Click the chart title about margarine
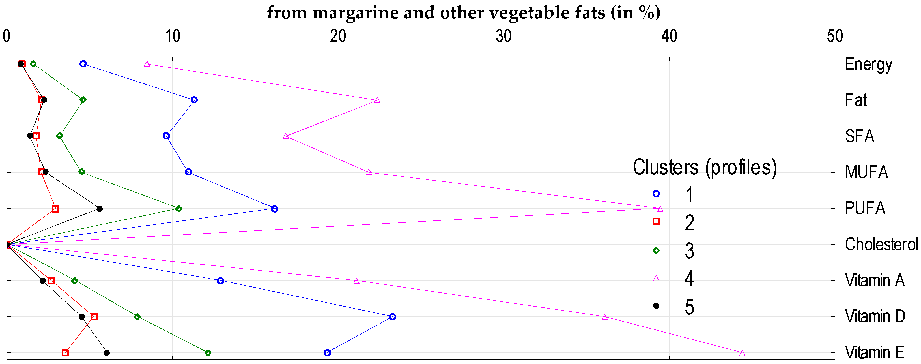(463, 13)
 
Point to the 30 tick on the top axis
(503, 36)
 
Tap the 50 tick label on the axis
(834, 36)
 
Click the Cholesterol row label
(881, 245)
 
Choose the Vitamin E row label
(875, 353)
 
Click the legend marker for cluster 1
(656, 194)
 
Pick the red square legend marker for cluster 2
(656, 222)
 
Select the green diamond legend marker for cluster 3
(656, 250)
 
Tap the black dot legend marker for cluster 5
(656, 306)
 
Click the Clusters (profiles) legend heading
(705, 168)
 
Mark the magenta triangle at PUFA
(660, 209)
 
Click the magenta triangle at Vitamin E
(742, 353)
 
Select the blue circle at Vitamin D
(392, 317)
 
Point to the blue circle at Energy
(83, 64)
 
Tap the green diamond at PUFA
(179, 209)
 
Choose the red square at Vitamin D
(94, 317)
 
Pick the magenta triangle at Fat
(377, 100)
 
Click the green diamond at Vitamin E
(208, 353)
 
